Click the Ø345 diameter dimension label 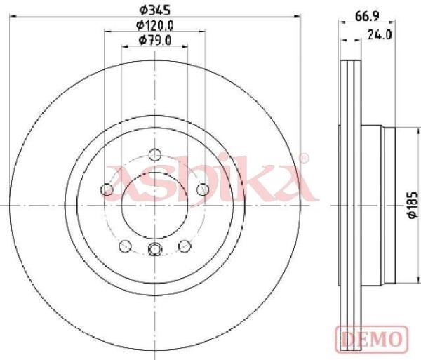coord(155,11)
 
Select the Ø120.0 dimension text coord(155,25)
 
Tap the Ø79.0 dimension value coord(155,41)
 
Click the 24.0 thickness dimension coord(380,34)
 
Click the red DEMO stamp coord(372,339)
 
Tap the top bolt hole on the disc coord(155,154)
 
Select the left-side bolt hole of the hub coord(107,189)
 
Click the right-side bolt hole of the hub coord(203,189)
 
